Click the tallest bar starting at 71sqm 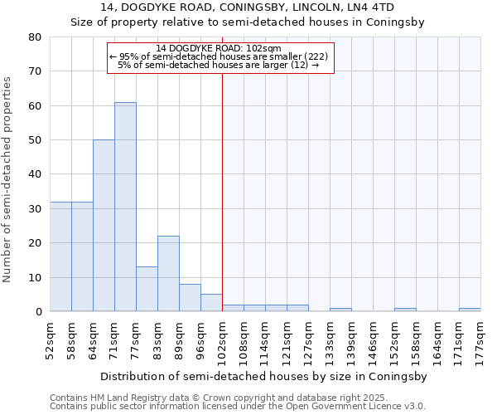click(x=125, y=207)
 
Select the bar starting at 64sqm click(x=104, y=226)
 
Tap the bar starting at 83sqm click(x=168, y=274)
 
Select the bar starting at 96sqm click(x=211, y=303)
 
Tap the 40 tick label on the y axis click(x=35, y=174)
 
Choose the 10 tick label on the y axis click(x=35, y=277)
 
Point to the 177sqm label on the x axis click(x=480, y=339)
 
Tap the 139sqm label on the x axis click(x=351, y=339)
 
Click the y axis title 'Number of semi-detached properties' click(x=8, y=179)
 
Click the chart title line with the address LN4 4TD click(x=248, y=7)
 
